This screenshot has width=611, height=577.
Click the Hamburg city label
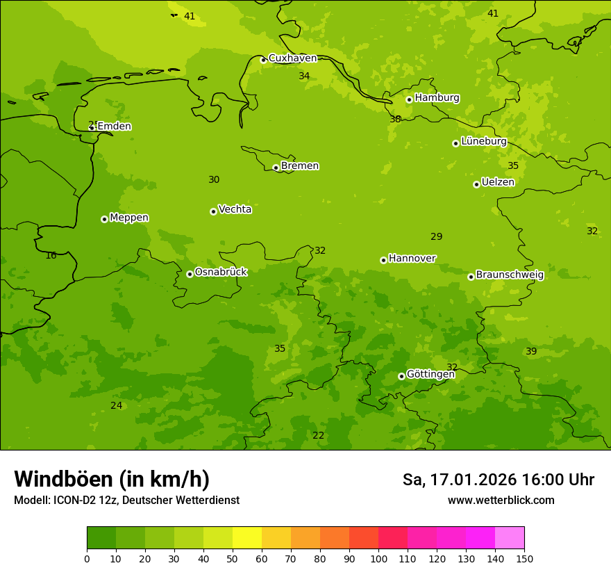pyautogui.click(x=437, y=98)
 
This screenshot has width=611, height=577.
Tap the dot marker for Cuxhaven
pyautogui.click(x=263, y=60)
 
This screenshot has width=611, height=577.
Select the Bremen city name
pyautogui.click(x=299, y=166)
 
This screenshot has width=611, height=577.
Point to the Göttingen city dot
pyautogui.click(x=401, y=376)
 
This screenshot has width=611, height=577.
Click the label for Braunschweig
pyautogui.click(x=510, y=275)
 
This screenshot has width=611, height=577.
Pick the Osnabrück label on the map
pyautogui.click(x=221, y=273)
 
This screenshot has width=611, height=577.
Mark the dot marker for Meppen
pyautogui.click(x=104, y=219)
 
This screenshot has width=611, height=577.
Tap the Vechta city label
pyautogui.click(x=235, y=209)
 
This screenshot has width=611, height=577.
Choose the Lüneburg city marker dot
pyautogui.click(x=455, y=143)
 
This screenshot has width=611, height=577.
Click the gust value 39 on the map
pyautogui.click(x=531, y=352)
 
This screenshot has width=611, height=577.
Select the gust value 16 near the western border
pyautogui.click(x=51, y=256)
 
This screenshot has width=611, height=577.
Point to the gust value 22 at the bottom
pyautogui.click(x=318, y=436)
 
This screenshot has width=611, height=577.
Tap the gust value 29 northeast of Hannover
pyautogui.click(x=436, y=237)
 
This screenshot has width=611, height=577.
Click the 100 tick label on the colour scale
pyautogui.click(x=378, y=558)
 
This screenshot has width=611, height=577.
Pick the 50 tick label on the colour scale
pyautogui.click(x=233, y=558)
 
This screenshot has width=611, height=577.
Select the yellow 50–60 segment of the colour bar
pyautogui.click(x=247, y=538)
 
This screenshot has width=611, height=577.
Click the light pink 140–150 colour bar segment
pyautogui.click(x=510, y=538)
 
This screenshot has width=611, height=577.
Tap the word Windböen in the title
pyautogui.click(x=63, y=479)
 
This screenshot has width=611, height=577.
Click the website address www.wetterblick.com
pyautogui.click(x=501, y=501)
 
